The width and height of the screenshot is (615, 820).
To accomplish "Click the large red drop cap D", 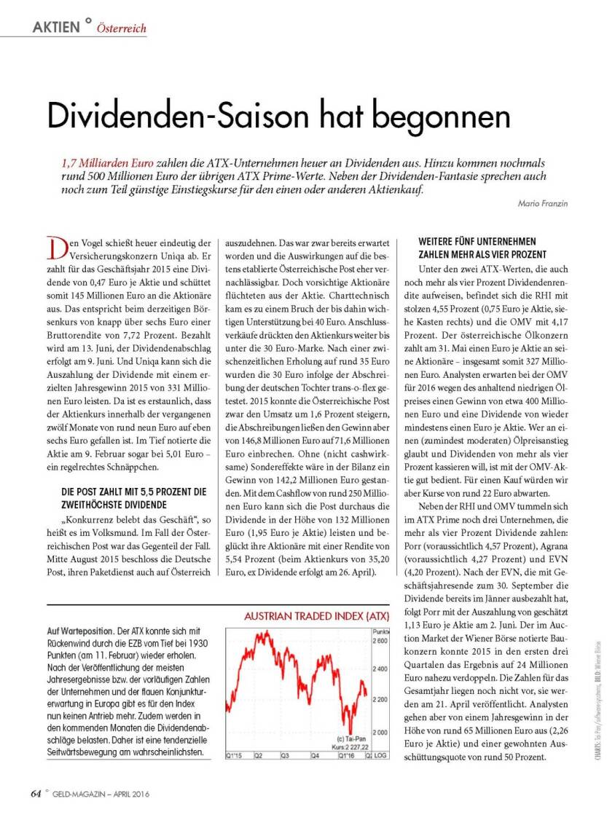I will (x=57, y=249).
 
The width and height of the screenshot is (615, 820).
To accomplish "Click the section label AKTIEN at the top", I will (x=56, y=28).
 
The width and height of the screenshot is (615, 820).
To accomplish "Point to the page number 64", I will (x=36, y=793).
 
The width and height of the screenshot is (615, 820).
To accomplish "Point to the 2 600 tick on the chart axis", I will (x=380, y=642).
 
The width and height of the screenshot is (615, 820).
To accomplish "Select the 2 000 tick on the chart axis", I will (x=380, y=732).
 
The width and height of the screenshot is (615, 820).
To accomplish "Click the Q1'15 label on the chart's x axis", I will (x=235, y=755).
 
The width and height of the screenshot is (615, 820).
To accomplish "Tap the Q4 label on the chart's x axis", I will (x=316, y=755).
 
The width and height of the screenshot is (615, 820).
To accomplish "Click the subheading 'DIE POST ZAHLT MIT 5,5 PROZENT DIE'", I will (x=134, y=491).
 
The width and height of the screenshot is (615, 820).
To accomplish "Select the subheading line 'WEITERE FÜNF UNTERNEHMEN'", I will (x=477, y=241).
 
